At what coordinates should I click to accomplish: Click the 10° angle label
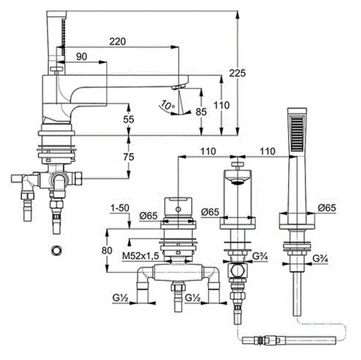point(167,106)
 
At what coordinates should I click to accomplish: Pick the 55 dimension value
point(128,119)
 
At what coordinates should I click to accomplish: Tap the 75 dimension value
point(128,157)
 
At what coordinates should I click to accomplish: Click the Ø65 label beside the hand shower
point(327,208)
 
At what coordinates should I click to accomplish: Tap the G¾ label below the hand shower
point(321,259)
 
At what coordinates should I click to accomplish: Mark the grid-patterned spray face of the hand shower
point(298,134)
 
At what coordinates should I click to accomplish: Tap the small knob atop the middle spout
point(237,164)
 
